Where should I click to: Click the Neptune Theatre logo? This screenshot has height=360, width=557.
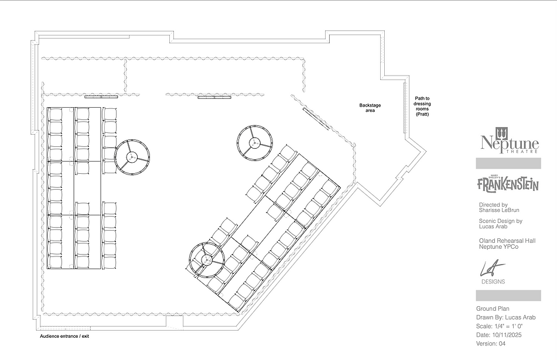tap(510, 140)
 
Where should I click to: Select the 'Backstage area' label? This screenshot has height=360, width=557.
tap(370, 108)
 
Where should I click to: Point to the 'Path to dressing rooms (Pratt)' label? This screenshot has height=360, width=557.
tap(422, 106)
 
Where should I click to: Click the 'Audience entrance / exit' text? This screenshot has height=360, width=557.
tap(64, 336)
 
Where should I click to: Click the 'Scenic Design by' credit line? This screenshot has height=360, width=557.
tap(501, 221)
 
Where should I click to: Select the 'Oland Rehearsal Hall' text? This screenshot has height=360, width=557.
tap(507, 241)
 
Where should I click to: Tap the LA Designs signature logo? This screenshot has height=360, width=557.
tap(493, 273)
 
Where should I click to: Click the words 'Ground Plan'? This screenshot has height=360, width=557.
tap(493, 309)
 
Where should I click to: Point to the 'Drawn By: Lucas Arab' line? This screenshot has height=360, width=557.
tap(506, 317)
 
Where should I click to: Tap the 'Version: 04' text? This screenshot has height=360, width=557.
tap(491, 343)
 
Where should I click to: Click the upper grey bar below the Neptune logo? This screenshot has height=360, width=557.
tap(508, 163)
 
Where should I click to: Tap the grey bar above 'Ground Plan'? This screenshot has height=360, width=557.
tap(508, 296)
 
